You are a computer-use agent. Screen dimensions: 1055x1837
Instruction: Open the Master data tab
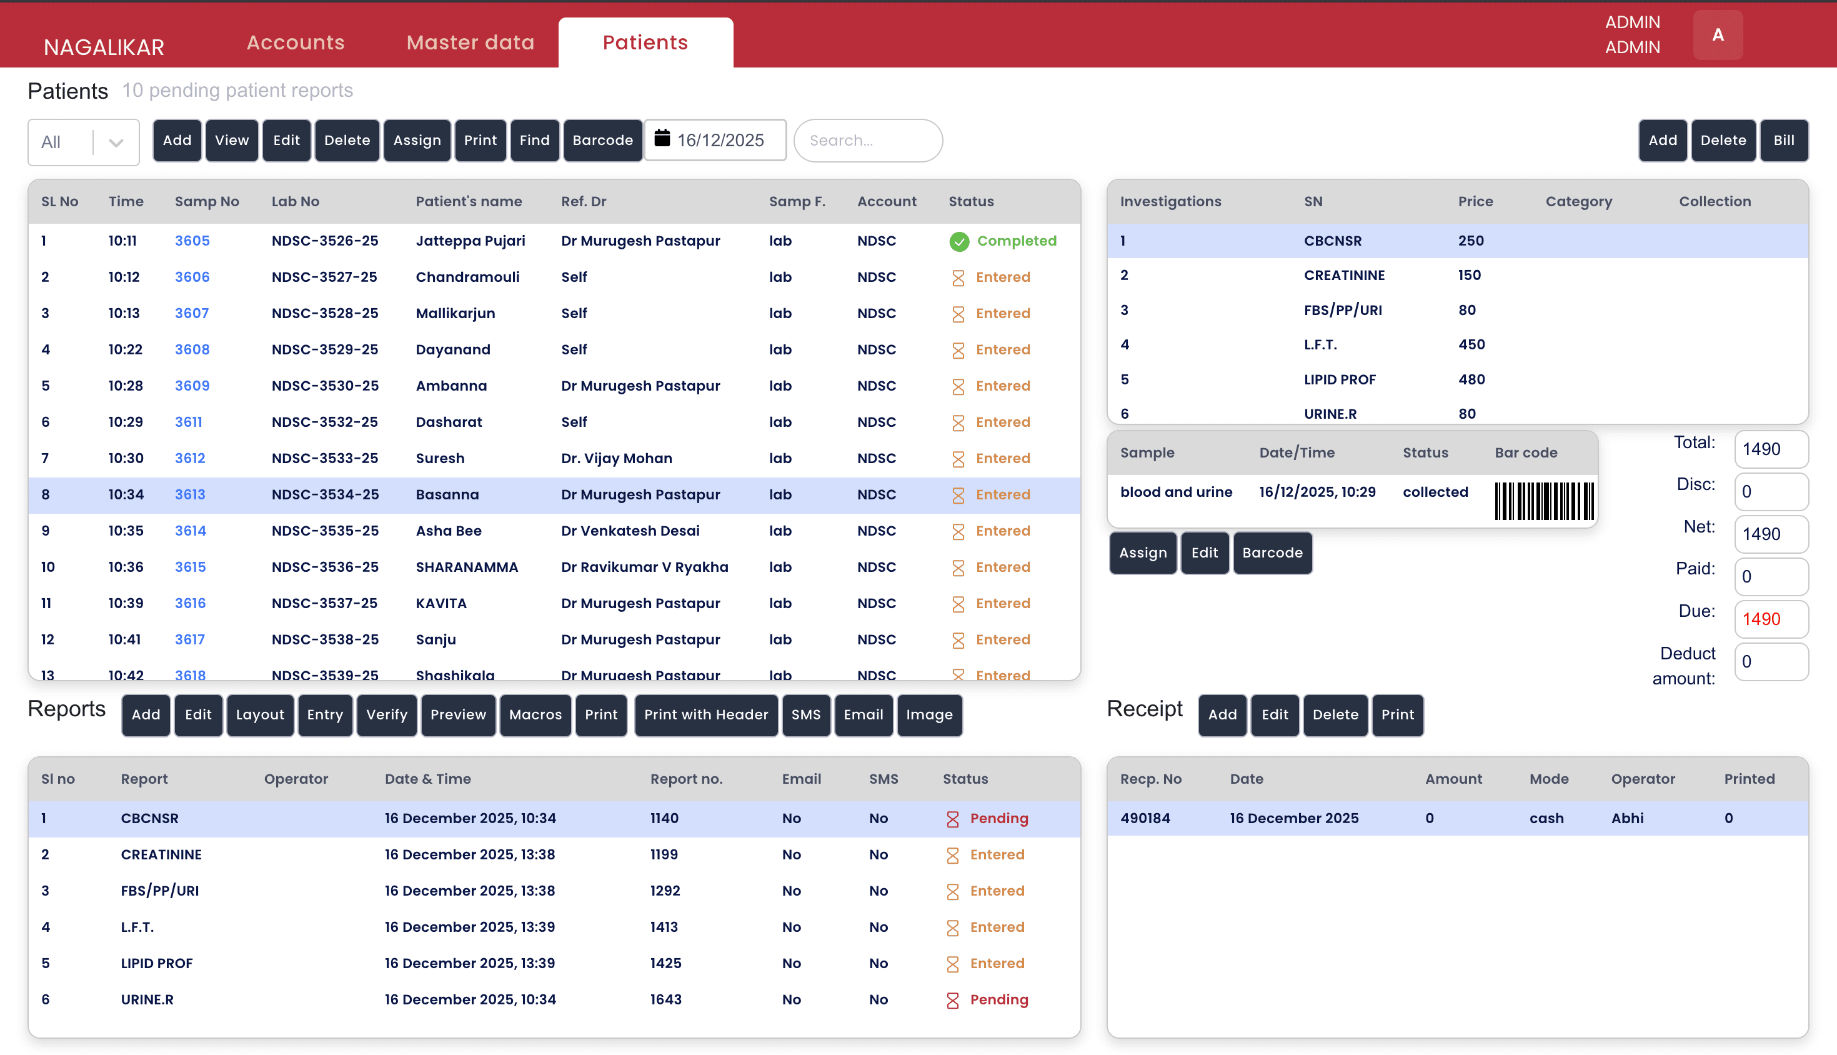point(470,42)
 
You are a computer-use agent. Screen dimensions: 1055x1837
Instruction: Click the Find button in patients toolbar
point(534,140)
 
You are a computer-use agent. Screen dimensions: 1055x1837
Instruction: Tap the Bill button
point(1783,140)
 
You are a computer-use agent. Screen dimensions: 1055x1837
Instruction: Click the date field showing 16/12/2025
point(715,140)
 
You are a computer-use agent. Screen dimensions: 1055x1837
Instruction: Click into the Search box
point(867,140)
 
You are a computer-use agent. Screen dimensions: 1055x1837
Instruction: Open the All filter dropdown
point(83,142)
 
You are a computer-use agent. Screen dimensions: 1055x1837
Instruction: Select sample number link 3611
point(188,422)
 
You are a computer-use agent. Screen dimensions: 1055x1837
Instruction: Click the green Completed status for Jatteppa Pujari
point(1003,241)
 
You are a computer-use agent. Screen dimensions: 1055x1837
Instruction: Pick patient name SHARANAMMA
point(467,567)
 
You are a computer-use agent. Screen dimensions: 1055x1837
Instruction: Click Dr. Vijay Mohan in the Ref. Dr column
point(617,458)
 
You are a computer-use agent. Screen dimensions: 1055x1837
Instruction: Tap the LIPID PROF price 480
point(1471,379)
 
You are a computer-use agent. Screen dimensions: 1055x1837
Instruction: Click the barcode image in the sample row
point(1543,500)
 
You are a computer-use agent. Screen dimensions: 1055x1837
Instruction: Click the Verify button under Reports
point(386,714)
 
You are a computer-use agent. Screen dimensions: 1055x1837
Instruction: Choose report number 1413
point(664,927)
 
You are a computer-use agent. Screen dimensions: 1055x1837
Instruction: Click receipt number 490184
point(1145,818)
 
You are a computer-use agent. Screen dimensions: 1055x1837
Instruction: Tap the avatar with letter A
point(1718,35)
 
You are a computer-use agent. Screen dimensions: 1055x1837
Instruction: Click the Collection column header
point(1714,201)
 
